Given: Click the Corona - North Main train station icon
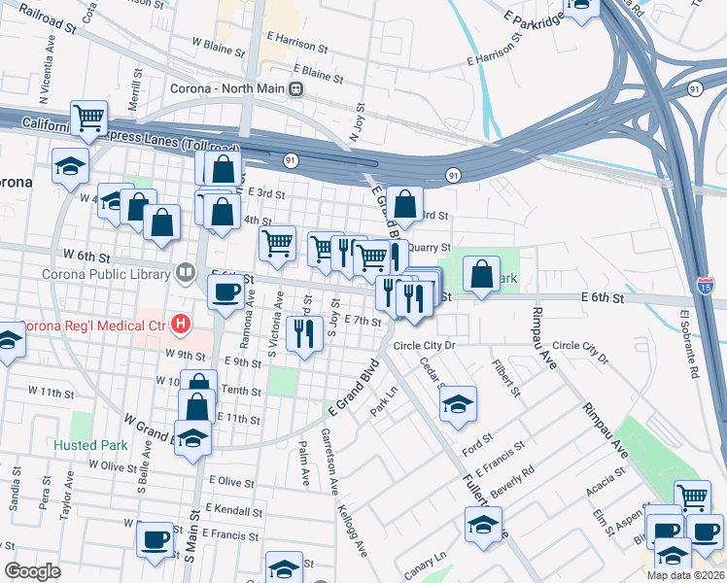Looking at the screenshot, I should (x=299, y=89).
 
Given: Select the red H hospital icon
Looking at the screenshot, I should (x=179, y=323).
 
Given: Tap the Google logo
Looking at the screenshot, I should (x=32, y=571).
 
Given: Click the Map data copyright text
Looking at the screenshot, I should (x=685, y=575).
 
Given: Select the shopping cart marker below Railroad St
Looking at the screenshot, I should (x=88, y=119).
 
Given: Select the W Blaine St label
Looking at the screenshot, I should (x=219, y=44).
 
